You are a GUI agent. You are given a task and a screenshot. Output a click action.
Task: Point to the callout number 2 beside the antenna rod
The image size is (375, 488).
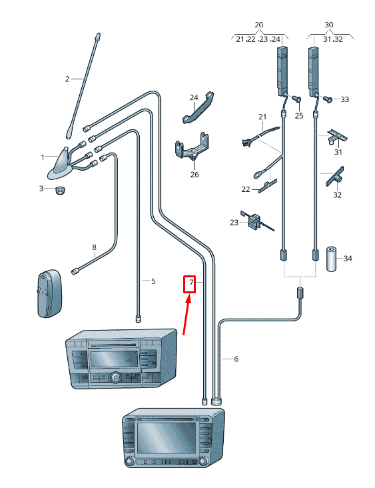pyautogui.click(x=67, y=79)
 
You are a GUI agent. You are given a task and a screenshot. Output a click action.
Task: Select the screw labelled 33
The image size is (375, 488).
pyautogui.click(x=328, y=99)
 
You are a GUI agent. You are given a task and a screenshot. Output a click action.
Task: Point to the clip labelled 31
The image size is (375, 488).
pyautogui.click(x=338, y=137)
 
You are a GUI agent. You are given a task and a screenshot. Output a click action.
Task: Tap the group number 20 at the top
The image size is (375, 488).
pyautogui.click(x=258, y=25)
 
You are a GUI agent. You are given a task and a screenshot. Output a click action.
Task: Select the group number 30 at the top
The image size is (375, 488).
pyautogui.click(x=328, y=25)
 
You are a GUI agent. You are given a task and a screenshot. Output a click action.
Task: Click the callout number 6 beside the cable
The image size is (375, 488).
pyautogui.click(x=235, y=359)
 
